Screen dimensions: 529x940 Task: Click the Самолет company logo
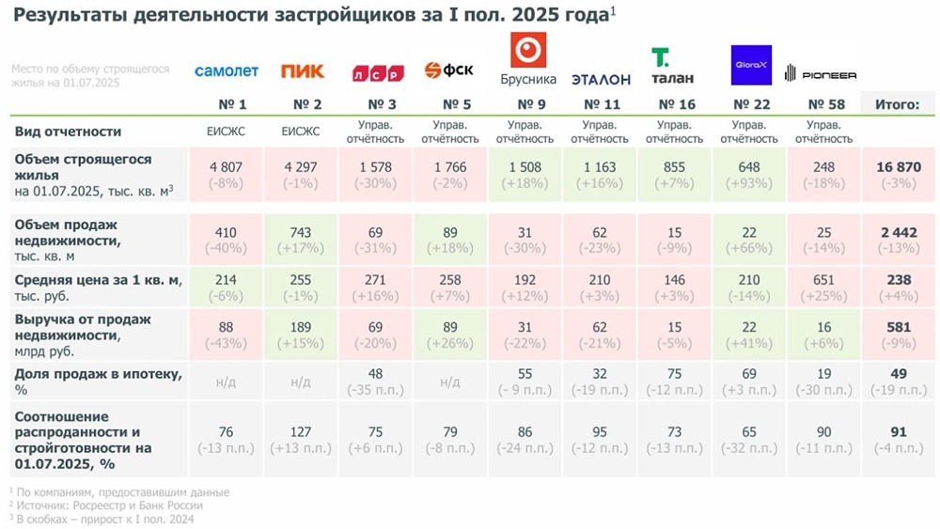tap(226, 71)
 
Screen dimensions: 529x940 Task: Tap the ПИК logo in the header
tap(302, 71)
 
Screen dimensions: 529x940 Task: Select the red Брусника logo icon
tap(527, 49)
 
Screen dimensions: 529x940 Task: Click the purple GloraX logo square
tap(751, 65)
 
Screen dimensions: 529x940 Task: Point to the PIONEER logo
tap(821, 72)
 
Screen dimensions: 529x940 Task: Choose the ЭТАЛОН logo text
tap(601, 79)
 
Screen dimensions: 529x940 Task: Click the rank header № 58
tap(823, 104)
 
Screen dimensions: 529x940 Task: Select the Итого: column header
tap(897, 104)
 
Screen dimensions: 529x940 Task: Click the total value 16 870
tap(897, 167)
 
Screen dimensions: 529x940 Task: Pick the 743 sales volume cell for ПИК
tap(302, 232)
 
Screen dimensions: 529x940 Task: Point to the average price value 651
tap(823, 279)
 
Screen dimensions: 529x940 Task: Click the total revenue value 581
tap(897, 327)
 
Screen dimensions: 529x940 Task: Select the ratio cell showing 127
tap(302, 431)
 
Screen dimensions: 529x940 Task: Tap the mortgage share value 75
tap(675, 373)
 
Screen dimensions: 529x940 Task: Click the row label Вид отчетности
tap(69, 132)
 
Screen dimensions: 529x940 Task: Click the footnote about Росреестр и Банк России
tap(105, 506)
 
